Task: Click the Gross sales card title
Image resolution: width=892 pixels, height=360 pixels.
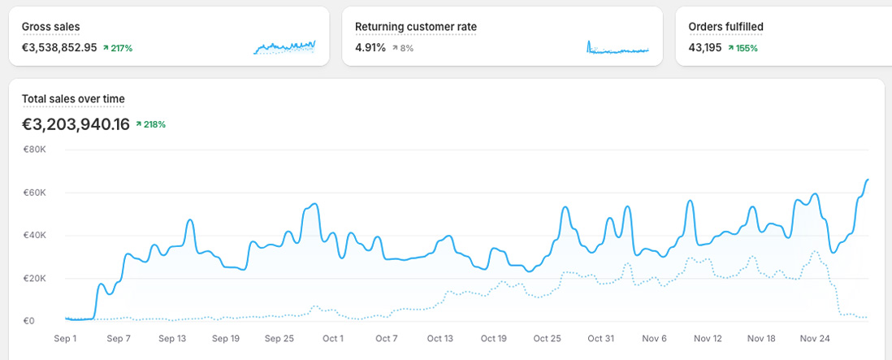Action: click(50, 27)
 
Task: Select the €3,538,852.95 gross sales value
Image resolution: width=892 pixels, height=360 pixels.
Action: click(59, 48)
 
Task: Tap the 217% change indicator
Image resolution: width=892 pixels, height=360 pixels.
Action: click(118, 48)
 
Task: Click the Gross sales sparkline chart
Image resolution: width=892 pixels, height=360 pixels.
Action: click(284, 47)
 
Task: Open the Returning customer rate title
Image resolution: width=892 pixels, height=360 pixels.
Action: click(416, 27)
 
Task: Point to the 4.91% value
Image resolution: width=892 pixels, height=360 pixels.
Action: click(370, 48)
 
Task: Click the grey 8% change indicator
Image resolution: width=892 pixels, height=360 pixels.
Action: click(403, 48)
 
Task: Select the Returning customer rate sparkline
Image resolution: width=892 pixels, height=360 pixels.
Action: click(617, 47)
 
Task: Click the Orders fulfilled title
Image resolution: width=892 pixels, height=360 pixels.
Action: click(725, 27)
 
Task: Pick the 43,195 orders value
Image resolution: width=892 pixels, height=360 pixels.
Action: click(705, 48)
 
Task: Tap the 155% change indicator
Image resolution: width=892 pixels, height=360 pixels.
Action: click(743, 48)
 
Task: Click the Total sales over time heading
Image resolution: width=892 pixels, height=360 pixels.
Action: click(73, 99)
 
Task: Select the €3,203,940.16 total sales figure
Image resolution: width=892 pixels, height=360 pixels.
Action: click(76, 124)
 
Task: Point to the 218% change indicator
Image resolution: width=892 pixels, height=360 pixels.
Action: click(151, 124)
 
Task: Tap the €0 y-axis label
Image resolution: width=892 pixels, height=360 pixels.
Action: click(28, 321)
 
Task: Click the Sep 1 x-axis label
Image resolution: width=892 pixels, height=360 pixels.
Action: click(66, 338)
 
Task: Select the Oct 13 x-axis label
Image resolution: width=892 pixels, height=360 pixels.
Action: click(440, 338)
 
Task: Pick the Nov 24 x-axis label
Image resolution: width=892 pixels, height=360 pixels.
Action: click(815, 338)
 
